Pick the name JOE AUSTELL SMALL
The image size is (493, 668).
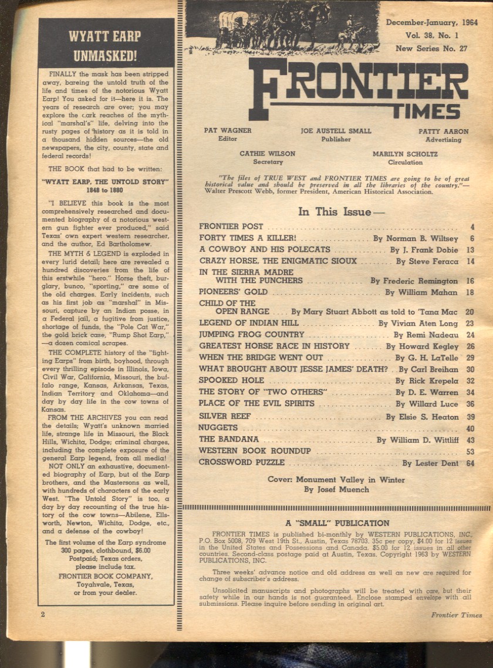tap(336, 131)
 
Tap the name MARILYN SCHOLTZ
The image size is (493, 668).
tap(405, 154)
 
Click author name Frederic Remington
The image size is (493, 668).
tap(421, 281)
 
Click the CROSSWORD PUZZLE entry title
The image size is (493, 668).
tap(241, 463)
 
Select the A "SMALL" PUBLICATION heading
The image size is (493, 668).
tap(337, 523)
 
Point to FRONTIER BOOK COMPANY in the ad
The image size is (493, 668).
tap(106, 576)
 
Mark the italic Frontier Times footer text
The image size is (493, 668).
tap(456, 615)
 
